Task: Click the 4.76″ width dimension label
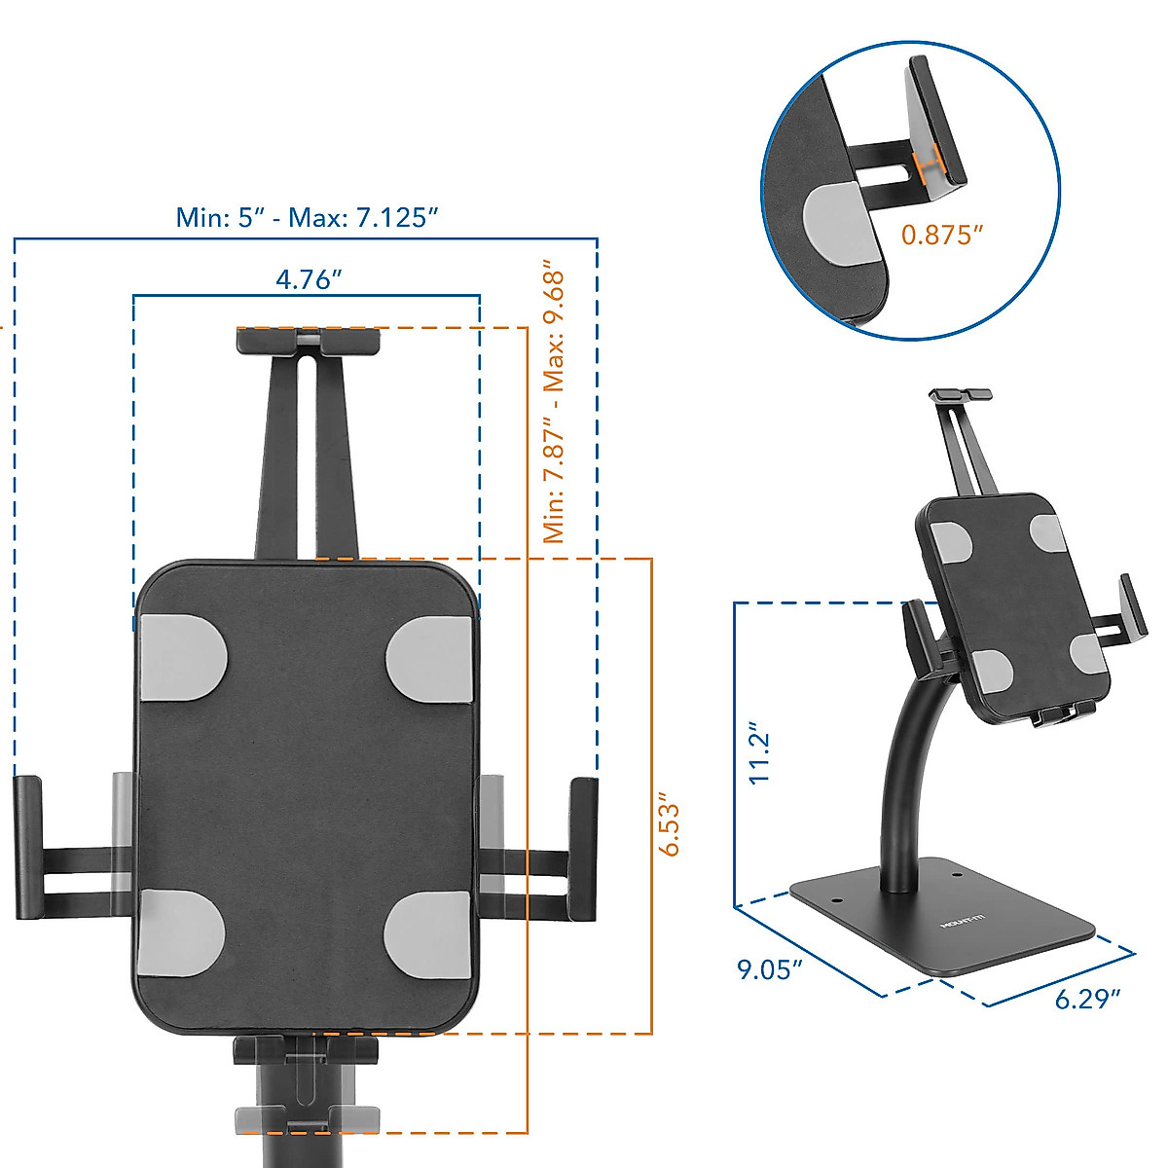[x=309, y=279]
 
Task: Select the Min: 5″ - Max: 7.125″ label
[x=302, y=217]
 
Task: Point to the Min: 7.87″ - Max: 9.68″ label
[x=554, y=401]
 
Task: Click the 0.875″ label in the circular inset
[x=942, y=235]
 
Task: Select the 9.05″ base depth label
[x=769, y=969]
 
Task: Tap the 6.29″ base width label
[x=1087, y=999]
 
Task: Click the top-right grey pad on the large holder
[x=429, y=656]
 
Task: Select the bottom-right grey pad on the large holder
[x=429, y=933]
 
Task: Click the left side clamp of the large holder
[x=29, y=847]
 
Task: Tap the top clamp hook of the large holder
[x=307, y=341]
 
